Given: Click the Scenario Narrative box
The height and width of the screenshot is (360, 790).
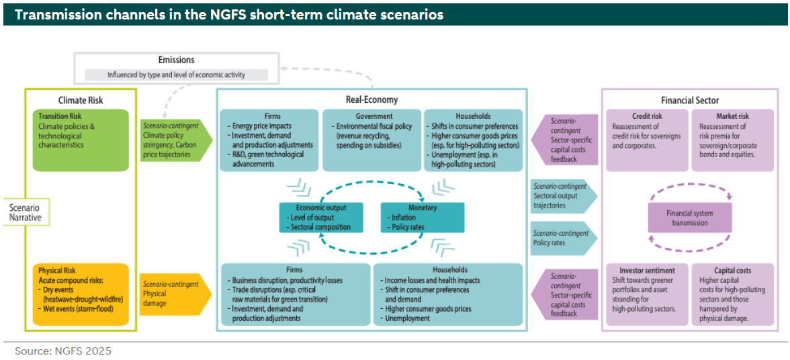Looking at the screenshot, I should click(24, 213).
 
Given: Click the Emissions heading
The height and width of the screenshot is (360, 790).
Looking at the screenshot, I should click(177, 60).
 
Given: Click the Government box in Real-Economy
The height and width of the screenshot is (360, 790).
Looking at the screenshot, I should click(372, 140).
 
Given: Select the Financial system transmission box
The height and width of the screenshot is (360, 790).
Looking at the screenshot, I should click(689, 218).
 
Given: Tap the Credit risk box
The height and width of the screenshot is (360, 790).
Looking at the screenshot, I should click(646, 140).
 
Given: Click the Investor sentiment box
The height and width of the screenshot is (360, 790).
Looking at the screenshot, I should click(646, 294).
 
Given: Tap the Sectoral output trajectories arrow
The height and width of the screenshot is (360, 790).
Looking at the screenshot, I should click(562, 195).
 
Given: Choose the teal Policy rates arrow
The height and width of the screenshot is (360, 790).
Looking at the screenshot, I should click(562, 238).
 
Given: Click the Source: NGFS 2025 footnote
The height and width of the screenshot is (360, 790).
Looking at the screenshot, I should click(63, 351).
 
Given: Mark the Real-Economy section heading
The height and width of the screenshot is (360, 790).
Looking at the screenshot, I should click(371, 99).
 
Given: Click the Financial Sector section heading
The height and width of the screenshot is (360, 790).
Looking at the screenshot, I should click(695, 100).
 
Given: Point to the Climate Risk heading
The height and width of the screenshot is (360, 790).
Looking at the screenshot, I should click(81, 100).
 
